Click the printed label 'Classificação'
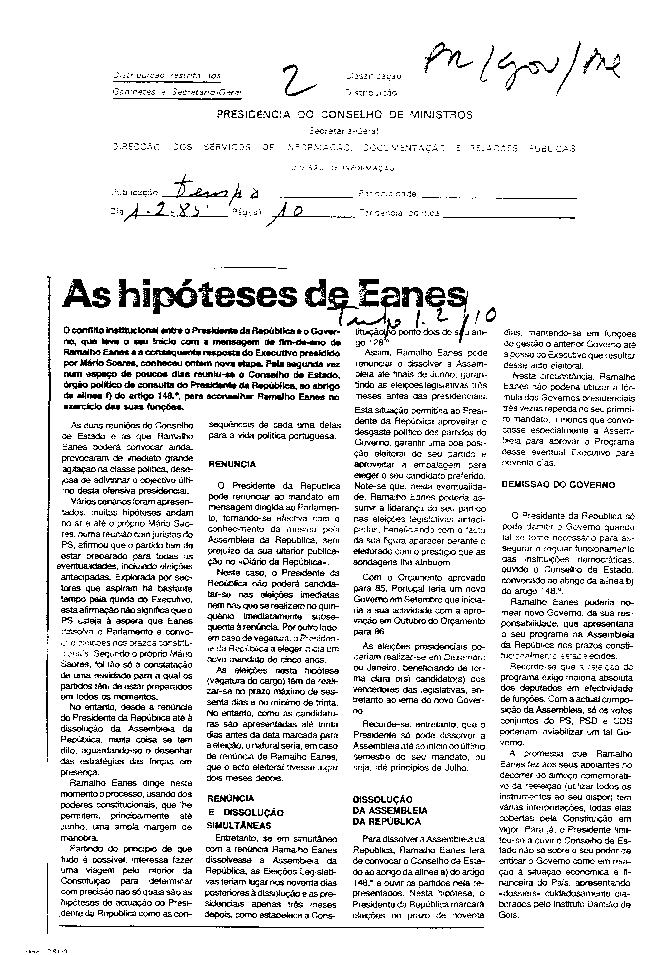pyautogui.click(x=373, y=76)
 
